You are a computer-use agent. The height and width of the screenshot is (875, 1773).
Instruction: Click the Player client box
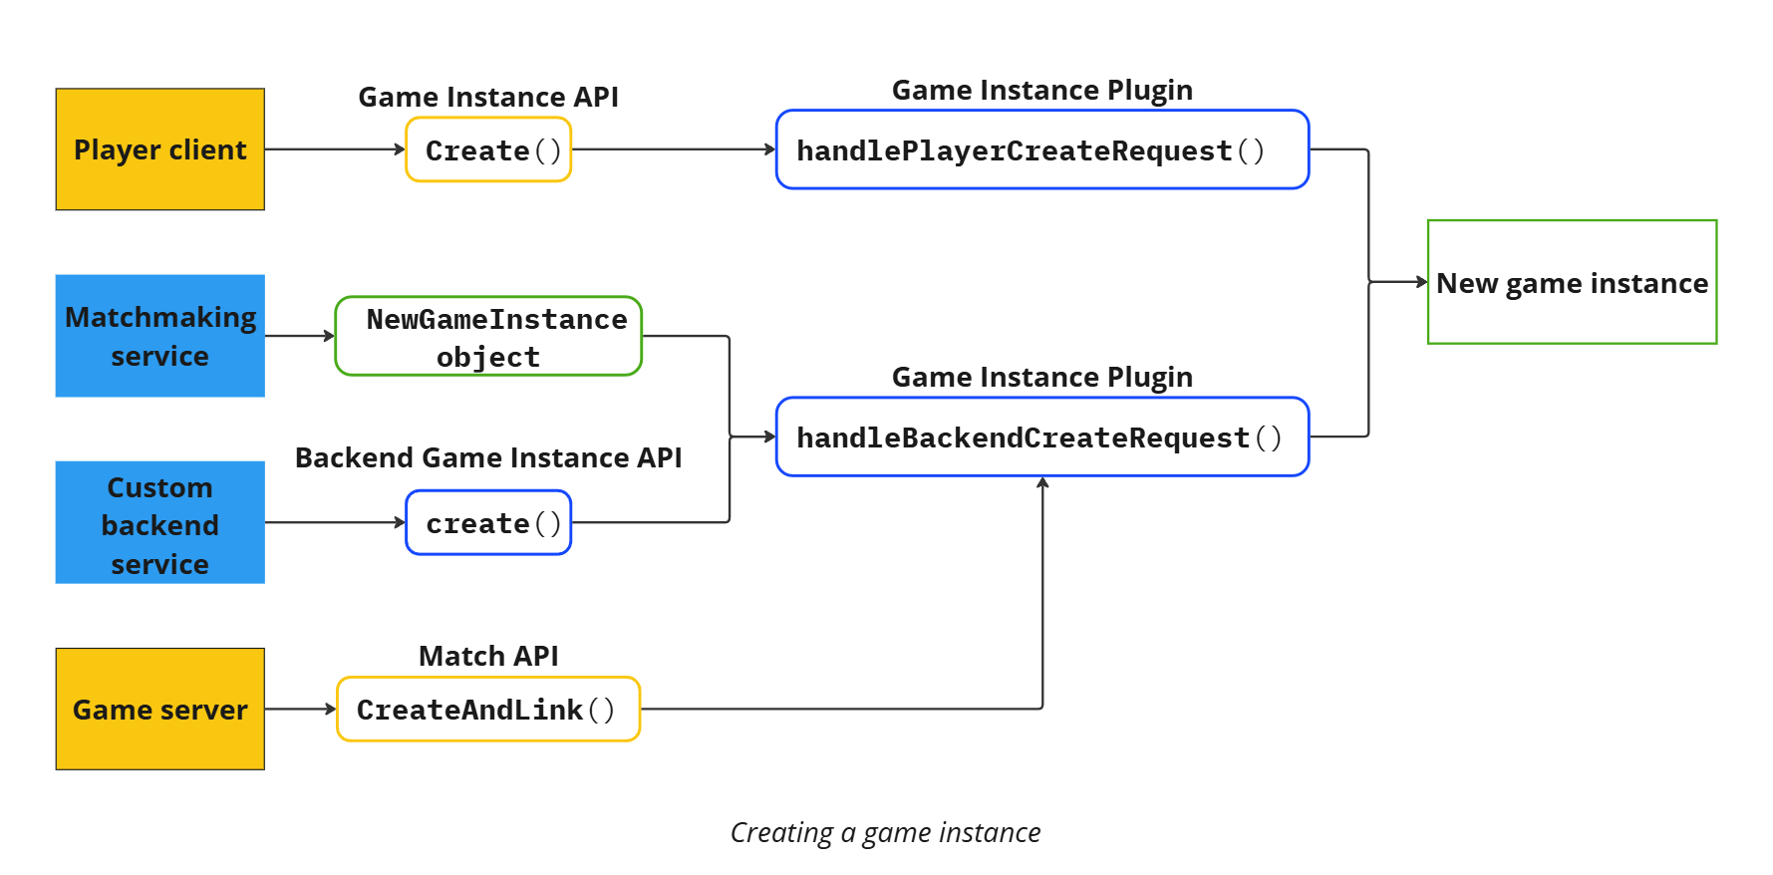(x=159, y=149)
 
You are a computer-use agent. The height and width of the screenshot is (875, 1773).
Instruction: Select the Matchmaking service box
(x=159, y=336)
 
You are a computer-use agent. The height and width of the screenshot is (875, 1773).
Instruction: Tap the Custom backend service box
(x=159, y=522)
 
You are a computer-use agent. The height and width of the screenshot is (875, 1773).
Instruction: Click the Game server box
(x=159, y=709)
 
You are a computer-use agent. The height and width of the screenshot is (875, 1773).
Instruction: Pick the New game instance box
(x=1572, y=282)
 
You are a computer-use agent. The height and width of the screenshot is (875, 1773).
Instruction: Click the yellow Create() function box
(x=488, y=149)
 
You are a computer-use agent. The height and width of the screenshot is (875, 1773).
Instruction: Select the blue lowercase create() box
(x=488, y=522)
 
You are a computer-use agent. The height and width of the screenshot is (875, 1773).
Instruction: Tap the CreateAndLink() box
(x=488, y=709)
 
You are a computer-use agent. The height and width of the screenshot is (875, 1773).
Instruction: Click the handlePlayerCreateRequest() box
(x=1041, y=149)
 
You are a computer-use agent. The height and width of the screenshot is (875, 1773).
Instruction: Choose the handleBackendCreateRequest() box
(x=1041, y=437)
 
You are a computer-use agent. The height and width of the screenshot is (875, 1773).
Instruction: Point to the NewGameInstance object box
(x=488, y=336)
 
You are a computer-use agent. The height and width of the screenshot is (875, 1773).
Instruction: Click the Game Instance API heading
(x=488, y=97)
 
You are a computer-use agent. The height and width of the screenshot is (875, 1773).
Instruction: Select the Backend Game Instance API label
(x=488, y=457)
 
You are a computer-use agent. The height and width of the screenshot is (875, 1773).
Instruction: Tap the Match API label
(x=488, y=656)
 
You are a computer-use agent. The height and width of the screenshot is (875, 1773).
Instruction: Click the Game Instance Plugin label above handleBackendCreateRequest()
(x=1041, y=377)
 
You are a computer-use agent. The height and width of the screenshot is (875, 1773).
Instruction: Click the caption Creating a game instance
(x=885, y=832)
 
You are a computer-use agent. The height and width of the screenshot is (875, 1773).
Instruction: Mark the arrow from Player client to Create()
(x=334, y=149)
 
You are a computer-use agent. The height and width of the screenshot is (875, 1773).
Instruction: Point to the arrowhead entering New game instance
(x=1422, y=282)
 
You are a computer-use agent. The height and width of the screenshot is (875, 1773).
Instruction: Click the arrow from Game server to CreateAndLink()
(x=300, y=709)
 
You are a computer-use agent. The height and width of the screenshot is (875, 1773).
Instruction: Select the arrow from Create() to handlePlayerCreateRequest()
(x=673, y=149)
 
